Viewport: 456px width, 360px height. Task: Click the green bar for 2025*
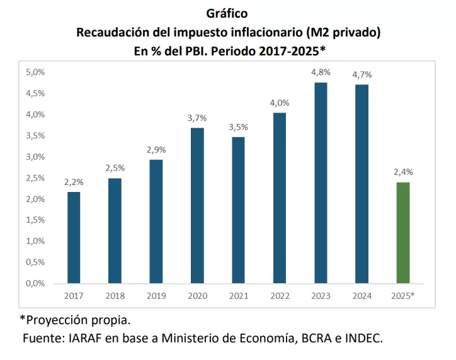403,232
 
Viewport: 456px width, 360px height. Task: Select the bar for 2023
321,183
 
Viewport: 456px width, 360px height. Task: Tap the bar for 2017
74,237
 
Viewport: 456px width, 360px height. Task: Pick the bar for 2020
197,205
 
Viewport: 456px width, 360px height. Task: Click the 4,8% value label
321,73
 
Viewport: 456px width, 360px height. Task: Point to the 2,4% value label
403,172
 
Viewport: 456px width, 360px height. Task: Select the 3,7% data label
197,118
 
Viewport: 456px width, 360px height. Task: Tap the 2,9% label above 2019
156,150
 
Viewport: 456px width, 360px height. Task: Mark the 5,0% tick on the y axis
35,72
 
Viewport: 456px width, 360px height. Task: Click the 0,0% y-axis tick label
35,283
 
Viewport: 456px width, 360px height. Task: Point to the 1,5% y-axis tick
35,220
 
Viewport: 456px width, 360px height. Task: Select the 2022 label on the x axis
280,295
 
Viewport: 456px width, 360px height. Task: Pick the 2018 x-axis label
115,295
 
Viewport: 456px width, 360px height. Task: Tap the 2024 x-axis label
362,295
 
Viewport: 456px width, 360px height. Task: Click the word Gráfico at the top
227,13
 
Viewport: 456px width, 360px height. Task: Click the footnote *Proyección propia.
75,319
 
